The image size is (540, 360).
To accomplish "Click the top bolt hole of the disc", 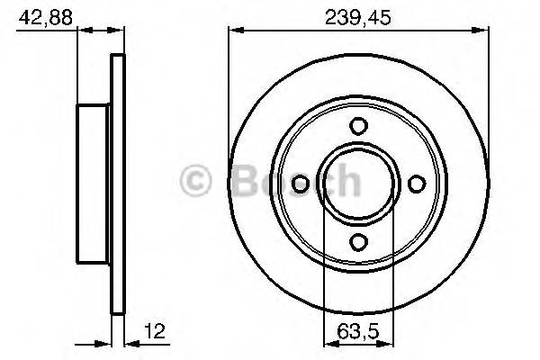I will point(357,126).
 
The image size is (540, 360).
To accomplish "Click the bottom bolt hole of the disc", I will point(357,241).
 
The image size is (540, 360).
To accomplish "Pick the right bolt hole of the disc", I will point(415,184).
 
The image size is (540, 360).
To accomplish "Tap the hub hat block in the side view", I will point(94,184).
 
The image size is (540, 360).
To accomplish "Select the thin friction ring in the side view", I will point(116,184).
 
